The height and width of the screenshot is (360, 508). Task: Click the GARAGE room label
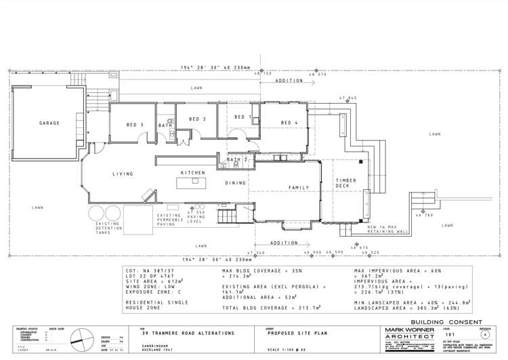(49, 123)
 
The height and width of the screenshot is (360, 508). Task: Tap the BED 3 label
(135, 125)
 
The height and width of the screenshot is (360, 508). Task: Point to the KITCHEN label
(192, 174)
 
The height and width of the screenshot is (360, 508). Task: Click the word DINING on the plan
(236, 182)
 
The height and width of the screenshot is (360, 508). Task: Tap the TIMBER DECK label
(346, 184)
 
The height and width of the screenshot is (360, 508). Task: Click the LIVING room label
(123, 174)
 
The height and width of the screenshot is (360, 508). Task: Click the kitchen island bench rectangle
(191, 183)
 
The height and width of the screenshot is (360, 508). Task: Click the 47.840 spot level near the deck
(348, 98)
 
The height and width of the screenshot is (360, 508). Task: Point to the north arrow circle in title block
(79, 337)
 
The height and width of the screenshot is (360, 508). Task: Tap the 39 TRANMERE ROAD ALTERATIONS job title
(188, 334)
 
